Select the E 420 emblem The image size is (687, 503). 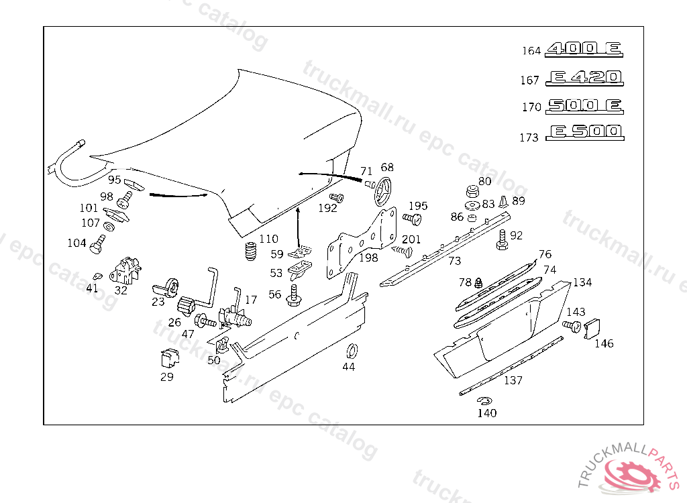(584, 78)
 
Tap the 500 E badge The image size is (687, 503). (584, 106)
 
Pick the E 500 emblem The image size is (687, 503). (584, 132)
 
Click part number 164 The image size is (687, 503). (531, 51)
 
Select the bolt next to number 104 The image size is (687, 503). (98, 245)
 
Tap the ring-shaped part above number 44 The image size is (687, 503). (350, 351)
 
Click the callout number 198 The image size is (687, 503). (368, 258)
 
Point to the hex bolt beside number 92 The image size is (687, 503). (501, 240)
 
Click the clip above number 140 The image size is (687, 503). (484, 401)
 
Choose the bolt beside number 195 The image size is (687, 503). (412, 219)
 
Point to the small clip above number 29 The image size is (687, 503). (167, 358)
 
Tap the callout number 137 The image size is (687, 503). (513, 380)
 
